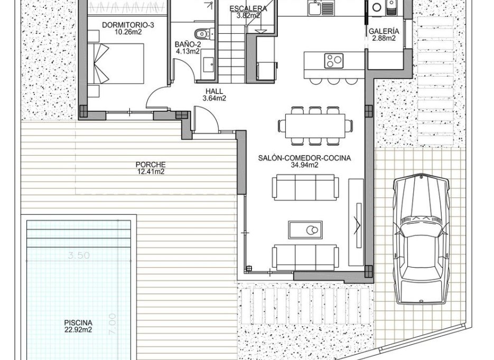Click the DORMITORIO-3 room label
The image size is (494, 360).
tap(122, 25)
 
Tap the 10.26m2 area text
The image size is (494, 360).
tap(122, 32)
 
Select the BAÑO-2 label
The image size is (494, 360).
tap(187, 45)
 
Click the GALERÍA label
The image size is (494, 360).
tap(384, 31)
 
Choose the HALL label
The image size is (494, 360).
tap(215, 91)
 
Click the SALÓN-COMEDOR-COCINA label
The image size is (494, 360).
tap(304, 158)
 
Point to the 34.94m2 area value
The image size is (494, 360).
tap(304, 165)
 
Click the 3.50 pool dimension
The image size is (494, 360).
tap(79, 255)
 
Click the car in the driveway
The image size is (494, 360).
tap(421, 239)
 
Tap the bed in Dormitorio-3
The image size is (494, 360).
tap(118, 63)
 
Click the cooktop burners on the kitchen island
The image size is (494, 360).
tap(333, 60)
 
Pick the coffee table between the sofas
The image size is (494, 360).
tap(305, 230)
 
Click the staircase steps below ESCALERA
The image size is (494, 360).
tap(231, 53)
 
